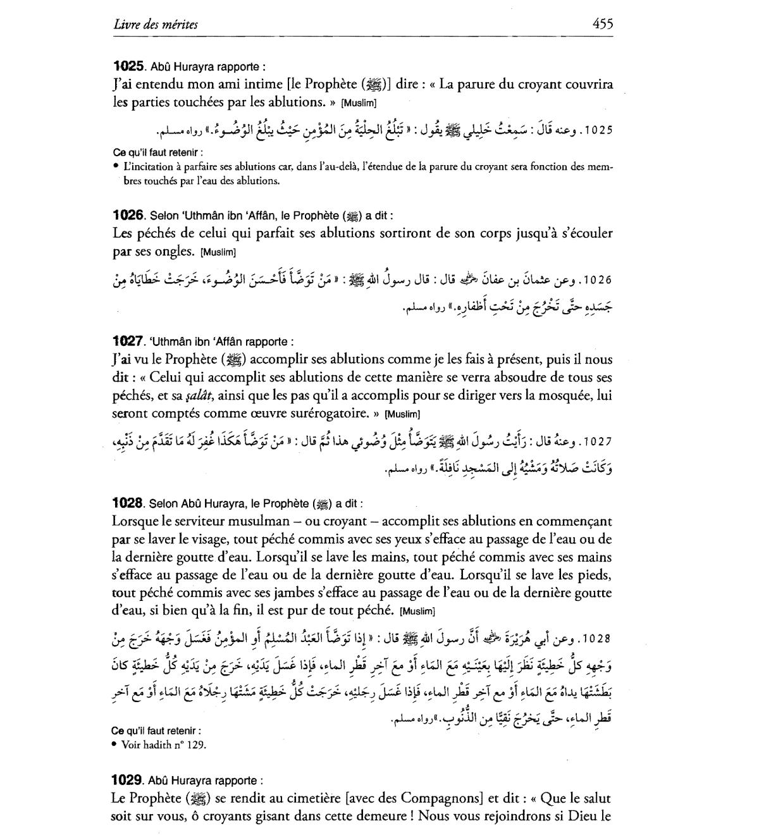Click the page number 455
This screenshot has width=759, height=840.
tap(602, 24)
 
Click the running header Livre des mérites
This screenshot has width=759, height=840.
tap(156, 25)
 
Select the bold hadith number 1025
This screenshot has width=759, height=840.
tap(129, 66)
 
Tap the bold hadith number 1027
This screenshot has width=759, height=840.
tap(128, 342)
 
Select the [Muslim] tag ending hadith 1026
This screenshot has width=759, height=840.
tap(218, 252)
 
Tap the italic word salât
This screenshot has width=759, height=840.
tap(201, 396)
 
